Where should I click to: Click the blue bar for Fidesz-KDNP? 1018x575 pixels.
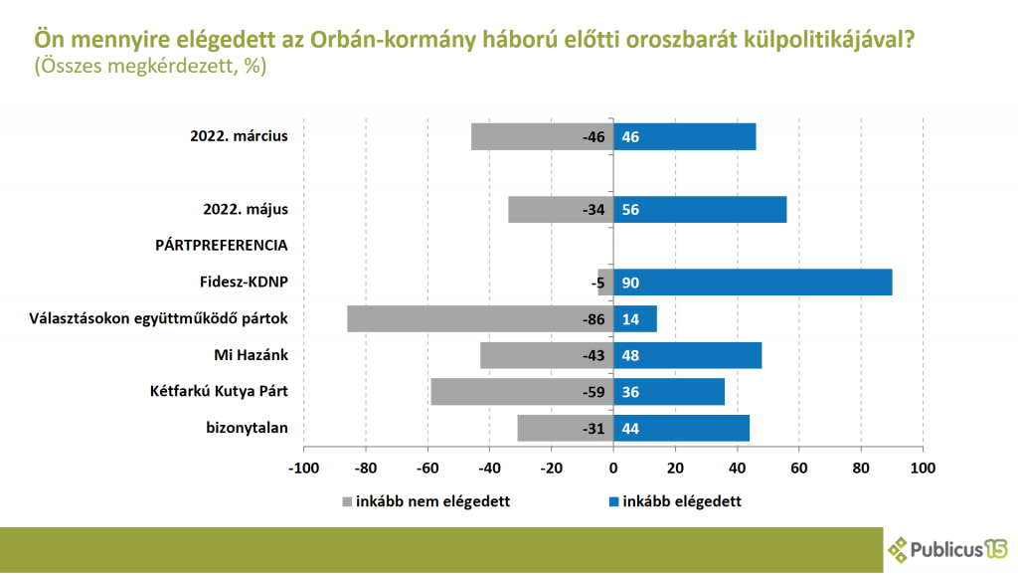[753, 283]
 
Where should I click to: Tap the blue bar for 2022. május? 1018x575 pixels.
[700, 210]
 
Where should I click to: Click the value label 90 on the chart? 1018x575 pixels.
[630, 284]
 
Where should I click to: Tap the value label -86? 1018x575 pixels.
[594, 319]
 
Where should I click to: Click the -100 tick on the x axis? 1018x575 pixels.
[302, 468]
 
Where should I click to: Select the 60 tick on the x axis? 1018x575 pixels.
[799, 468]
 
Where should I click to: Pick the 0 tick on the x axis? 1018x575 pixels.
[613, 468]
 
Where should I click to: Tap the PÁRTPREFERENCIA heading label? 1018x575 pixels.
[221, 245]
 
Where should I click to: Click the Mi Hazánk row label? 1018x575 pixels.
[251, 355]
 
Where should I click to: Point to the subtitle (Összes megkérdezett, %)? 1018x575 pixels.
[150, 67]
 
